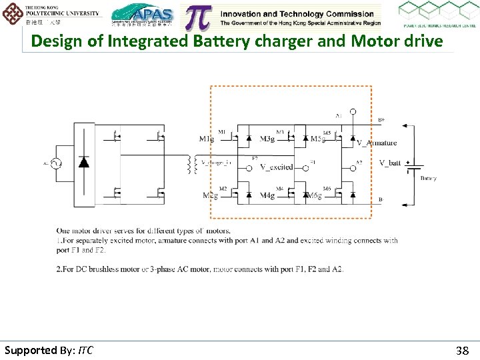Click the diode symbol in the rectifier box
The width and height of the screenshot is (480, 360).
coord(84,162)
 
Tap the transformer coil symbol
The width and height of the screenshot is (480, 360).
coord(194,165)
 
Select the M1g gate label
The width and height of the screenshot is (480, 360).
coord(207,139)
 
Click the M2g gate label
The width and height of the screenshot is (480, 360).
coord(209,195)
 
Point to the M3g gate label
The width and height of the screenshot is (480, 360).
coord(267,139)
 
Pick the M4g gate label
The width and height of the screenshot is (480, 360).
coord(267,195)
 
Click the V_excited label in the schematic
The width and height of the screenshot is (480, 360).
coord(275,167)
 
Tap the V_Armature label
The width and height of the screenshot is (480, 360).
coord(377,143)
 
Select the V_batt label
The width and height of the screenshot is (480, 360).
coord(390,163)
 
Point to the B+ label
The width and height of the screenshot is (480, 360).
coord(381,120)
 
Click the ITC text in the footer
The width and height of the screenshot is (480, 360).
coord(85,350)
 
